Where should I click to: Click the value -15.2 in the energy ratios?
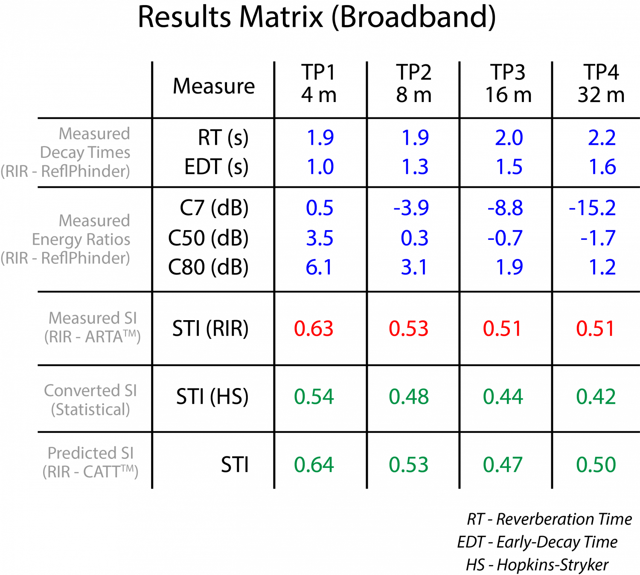[x=593, y=208]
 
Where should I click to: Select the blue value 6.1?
[x=319, y=268]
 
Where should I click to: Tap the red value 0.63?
[x=314, y=329]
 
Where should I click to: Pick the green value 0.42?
[x=596, y=397]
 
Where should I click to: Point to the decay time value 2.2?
[x=602, y=138]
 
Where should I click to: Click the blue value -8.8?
[x=505, y=208]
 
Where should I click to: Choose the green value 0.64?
[x=314, y=465]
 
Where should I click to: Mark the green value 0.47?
[x=503, y=465]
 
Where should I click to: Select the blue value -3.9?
[x=411, y=208]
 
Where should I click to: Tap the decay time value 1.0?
[x=320, y=167]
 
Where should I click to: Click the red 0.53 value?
[x=408, y=329]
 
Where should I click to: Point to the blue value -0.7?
[x=505, y=238]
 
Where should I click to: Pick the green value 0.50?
[x=596, y=465]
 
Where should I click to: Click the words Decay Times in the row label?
[x=85, y=153]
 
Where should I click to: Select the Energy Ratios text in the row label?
[x=81, y=239]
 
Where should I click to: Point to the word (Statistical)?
[x=90, y=410]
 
